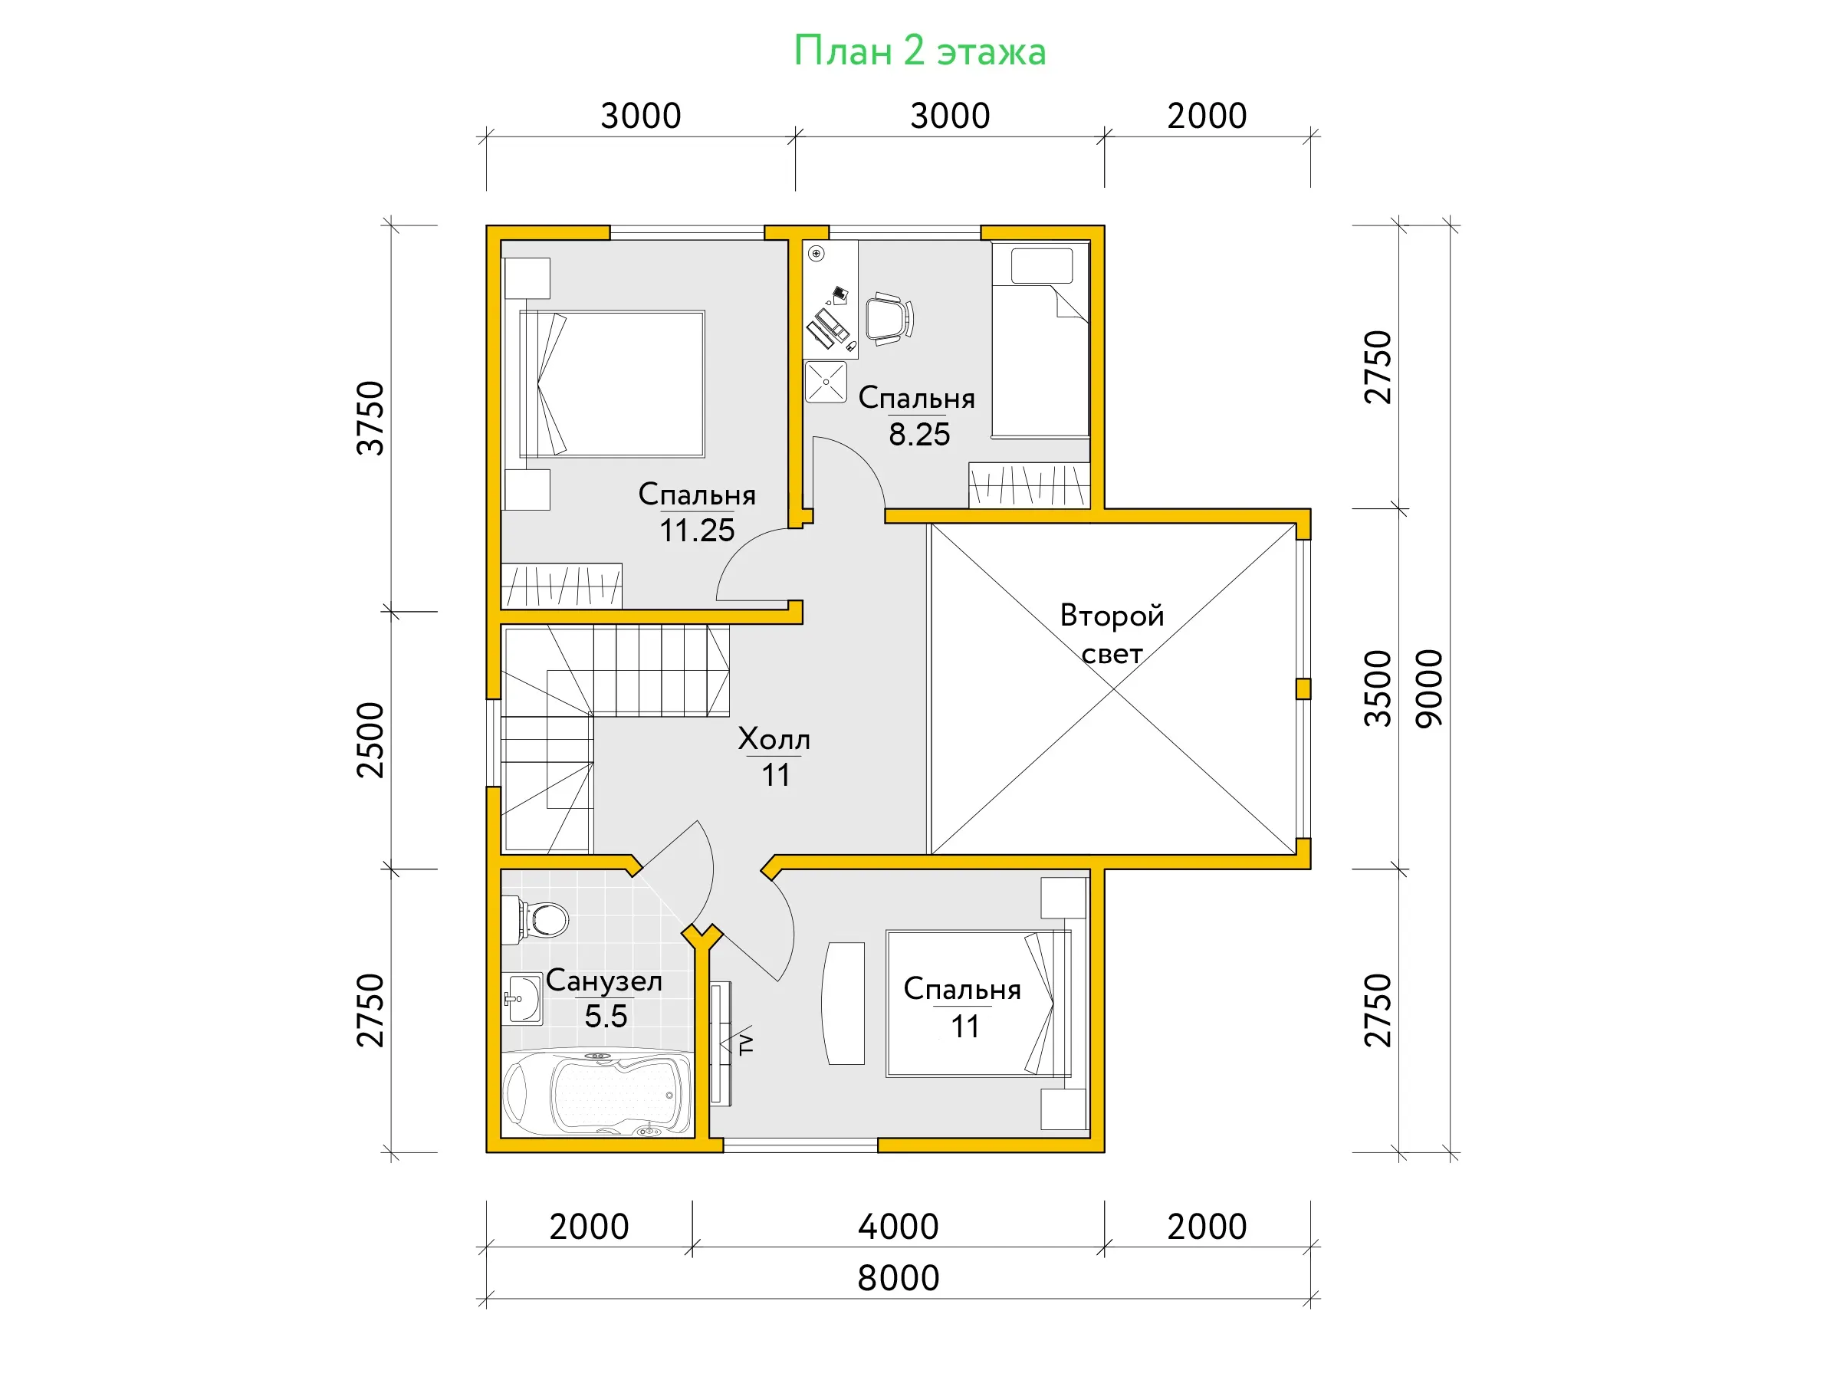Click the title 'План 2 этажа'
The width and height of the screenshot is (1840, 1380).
[919, 51]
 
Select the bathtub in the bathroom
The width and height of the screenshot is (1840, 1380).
[597, 1093]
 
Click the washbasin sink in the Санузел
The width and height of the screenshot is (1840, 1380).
[522, 999]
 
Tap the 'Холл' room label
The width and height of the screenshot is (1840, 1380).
[774, 738]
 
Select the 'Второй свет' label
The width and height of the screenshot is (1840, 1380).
[1112, 634]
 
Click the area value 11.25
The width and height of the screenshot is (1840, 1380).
[697, 530]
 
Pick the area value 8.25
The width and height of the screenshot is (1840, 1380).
[919, 434]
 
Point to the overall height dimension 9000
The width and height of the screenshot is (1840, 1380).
[1429, 688]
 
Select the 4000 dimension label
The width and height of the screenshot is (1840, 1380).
[899, 1226]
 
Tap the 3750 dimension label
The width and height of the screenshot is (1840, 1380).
[370, 419]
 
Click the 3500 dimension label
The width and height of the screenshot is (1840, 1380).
[1378, 688]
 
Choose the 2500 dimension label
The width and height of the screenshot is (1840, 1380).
[370, 741]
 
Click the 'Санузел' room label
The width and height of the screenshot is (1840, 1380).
[604, 981]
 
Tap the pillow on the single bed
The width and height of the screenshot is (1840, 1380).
[1042, 266]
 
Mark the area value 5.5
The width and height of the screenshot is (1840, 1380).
[606, 1016]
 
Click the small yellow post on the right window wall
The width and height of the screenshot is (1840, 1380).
[1303, 688]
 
